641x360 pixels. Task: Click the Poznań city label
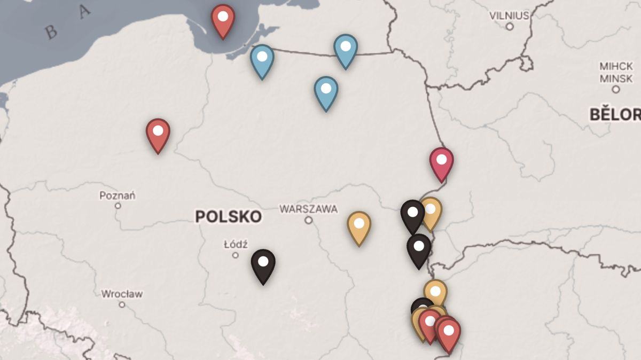[x=118, y=195]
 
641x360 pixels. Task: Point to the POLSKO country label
[x=228, y=216]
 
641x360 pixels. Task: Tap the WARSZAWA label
[x=309, y=209]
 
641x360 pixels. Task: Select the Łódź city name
[x=236, y=245]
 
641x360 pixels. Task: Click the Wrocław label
[x=122, y=294]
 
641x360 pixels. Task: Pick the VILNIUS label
[x=510, y=15]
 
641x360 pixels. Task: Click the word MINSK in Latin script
[x=615, y=78]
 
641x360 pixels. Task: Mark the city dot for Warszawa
[x=309, y=220]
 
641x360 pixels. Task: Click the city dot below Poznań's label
[x=118, y=206]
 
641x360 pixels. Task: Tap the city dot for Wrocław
[x=122, y=304]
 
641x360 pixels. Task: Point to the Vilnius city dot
[x=510, y=26]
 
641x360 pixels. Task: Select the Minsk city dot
[x=615, y=89]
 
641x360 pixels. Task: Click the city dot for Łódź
[x=236, y=255]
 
